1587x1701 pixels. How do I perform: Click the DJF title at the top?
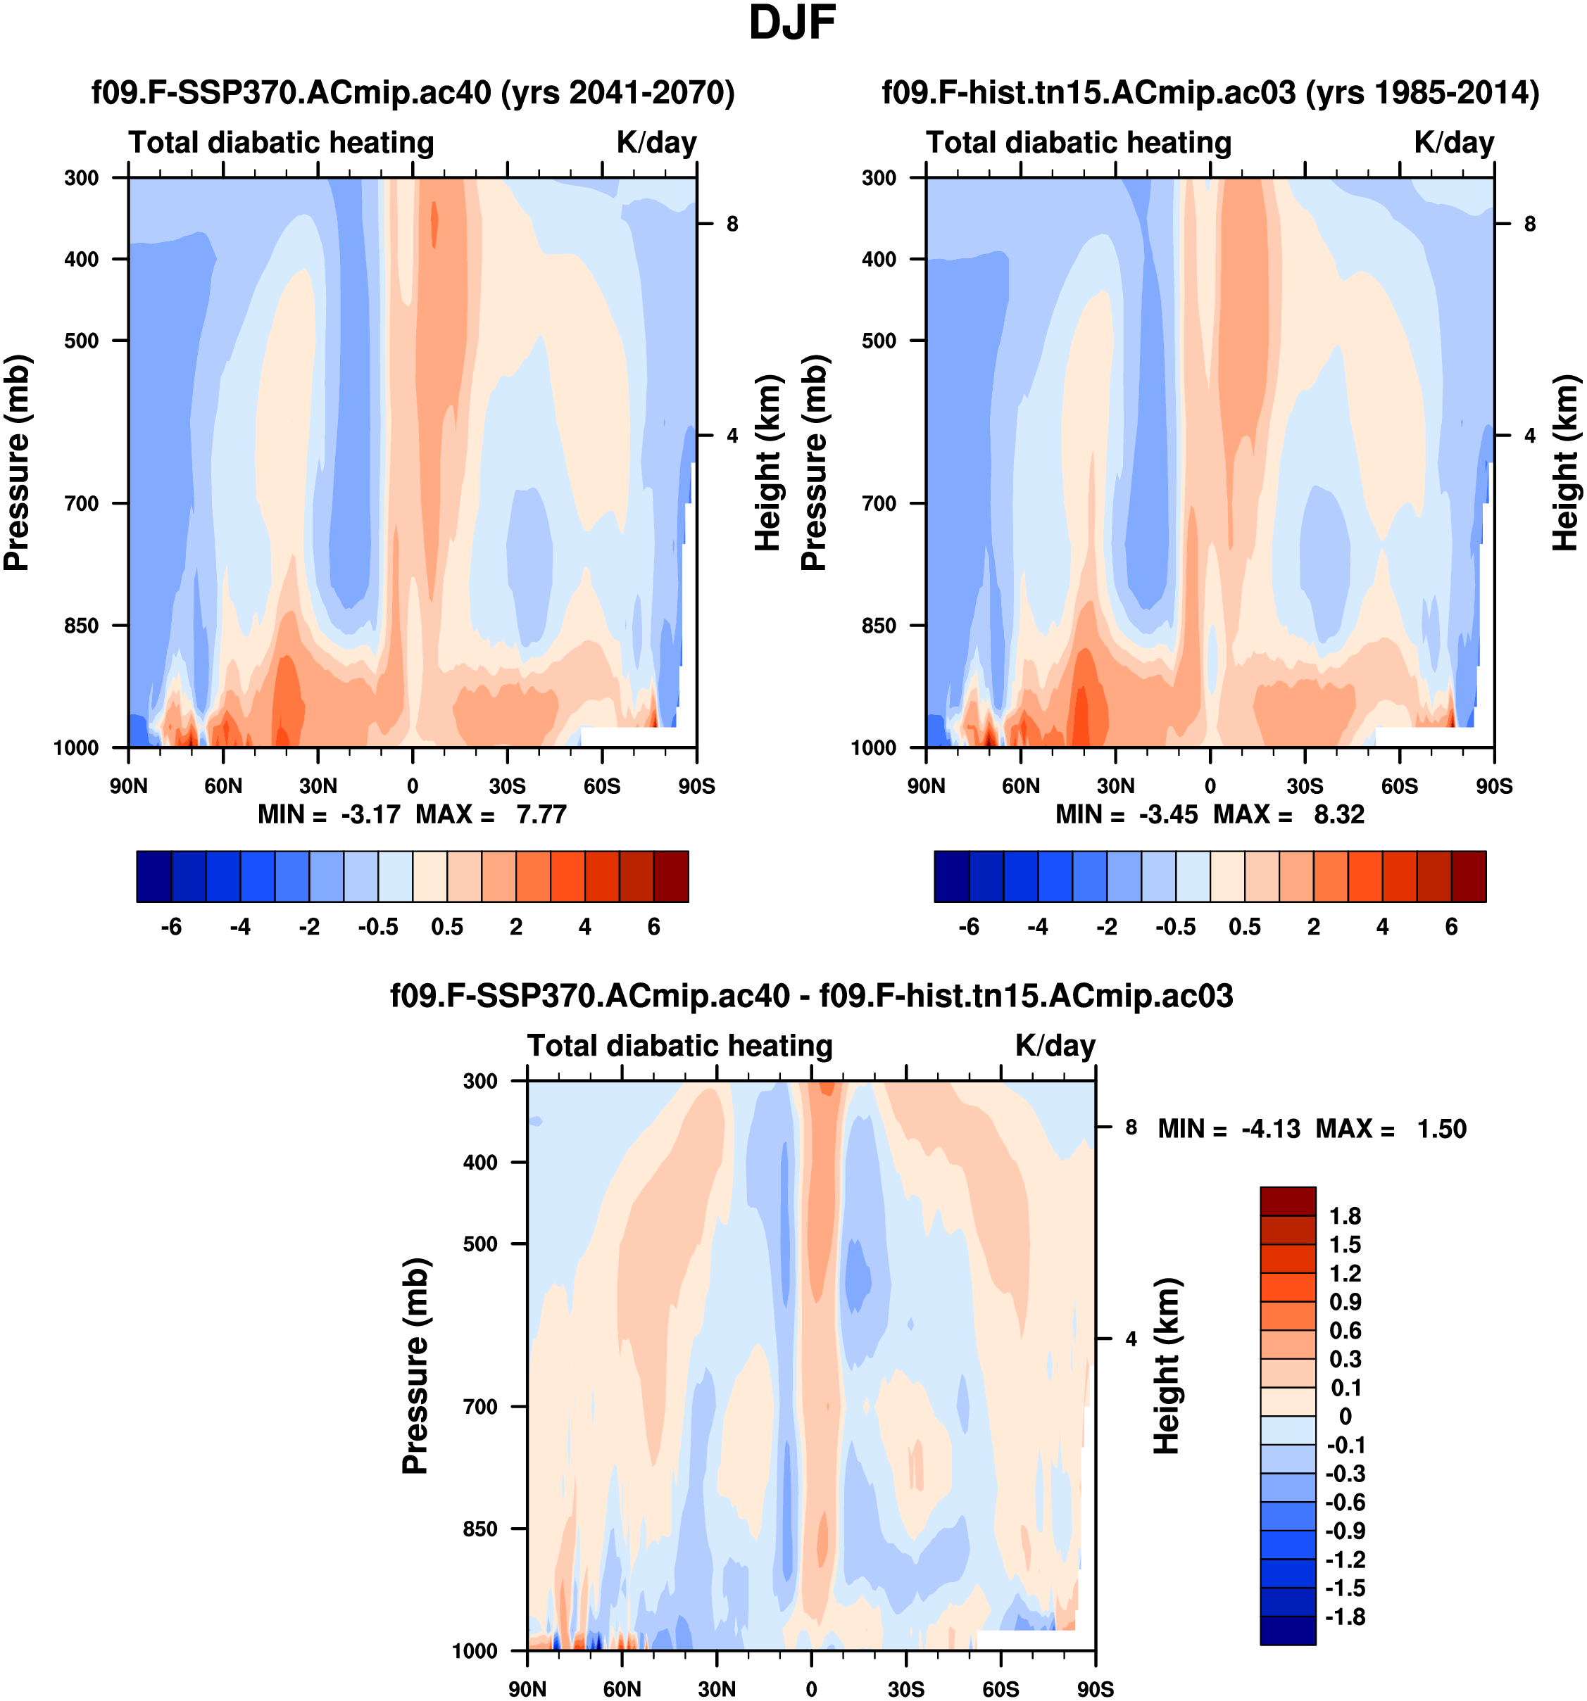point(792,24)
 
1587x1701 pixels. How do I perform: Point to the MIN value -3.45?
point(1167,814)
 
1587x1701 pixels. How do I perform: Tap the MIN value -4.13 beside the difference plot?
point(1270,1129)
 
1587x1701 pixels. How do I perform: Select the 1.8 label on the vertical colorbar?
point(1345,1216)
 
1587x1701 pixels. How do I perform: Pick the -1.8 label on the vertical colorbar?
point(1345,1617)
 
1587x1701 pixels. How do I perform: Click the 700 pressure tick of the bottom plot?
point(480,1406)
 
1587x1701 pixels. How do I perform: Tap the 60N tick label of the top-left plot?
point(222,785)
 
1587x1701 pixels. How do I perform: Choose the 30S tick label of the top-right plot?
point(1305,785)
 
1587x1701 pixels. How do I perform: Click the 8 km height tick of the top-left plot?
point(732,225)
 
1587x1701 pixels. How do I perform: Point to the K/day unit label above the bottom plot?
point(1055,1046)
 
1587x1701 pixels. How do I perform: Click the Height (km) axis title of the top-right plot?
point(1564,463)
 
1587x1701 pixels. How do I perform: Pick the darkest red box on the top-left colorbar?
point(671,876)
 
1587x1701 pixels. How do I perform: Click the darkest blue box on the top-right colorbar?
point(951,876)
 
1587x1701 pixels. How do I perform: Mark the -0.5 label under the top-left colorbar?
point(377,927)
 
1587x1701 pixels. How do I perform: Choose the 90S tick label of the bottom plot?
point(1095,1689)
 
